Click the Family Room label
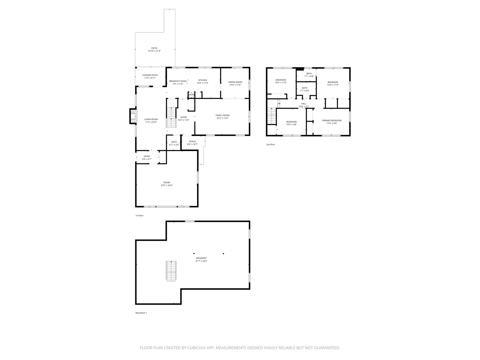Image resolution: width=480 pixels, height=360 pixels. click(x=223, y=115)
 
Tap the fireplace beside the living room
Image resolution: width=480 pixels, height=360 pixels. click(x=133, y=116)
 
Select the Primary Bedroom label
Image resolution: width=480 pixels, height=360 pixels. click(x=332, y=120)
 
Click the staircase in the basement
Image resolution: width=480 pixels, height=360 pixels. click(x=171, y=271)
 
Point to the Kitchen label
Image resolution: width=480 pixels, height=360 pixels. click(x=202, y=80)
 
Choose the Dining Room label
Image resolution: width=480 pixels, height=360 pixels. click(x=235, y=82)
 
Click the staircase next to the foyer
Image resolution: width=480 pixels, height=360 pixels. click(x=171, y=118)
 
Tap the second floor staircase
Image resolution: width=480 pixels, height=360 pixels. click(x=272, y=116)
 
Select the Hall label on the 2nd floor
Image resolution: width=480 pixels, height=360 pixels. click(x=304, y=104)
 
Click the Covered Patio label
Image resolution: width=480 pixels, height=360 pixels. click(x=150, y=75)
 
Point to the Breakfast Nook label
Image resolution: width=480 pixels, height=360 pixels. click(x=178, y=81)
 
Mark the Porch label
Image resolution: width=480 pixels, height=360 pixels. click(x=193, y=142)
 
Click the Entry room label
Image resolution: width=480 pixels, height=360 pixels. click(x=147, y=156)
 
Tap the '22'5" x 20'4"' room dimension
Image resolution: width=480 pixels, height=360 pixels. click(x=167, y=185)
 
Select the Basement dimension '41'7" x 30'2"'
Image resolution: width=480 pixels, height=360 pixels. click(x=201, y=261)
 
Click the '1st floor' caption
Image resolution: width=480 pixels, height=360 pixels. click(x=139, y=216)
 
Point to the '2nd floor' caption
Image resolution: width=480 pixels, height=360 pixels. click(x=271, y=145)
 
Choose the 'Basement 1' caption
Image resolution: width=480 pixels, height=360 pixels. click(x=141, y=313)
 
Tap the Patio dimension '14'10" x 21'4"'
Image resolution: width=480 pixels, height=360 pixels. click(x=154, y=51)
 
